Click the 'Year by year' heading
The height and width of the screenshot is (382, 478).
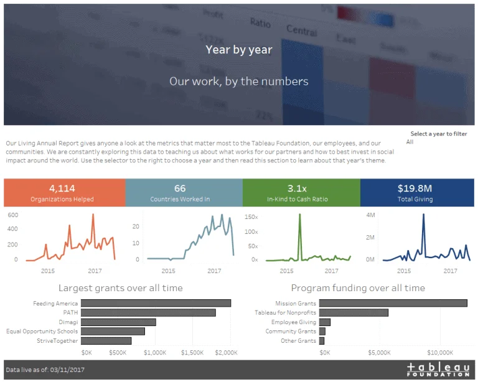238,50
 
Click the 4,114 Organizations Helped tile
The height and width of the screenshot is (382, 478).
64,193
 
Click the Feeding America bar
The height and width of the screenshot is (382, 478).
156,303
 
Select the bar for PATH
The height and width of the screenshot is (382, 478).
148,312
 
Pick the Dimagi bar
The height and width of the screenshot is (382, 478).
118,322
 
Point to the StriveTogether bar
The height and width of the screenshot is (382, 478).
106,341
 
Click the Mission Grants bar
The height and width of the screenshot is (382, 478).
393,303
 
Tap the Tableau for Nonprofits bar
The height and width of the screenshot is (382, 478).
354,312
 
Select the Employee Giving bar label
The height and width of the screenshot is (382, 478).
293,322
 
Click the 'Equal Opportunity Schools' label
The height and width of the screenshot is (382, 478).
42,332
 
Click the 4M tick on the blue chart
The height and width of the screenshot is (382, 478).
370,215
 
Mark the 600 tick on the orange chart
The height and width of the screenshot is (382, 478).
12,215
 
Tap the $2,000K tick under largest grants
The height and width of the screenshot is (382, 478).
227,352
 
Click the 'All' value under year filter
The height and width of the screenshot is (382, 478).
410,142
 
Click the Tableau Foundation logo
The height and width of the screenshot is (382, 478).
438,369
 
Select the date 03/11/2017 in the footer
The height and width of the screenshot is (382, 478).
65,370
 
